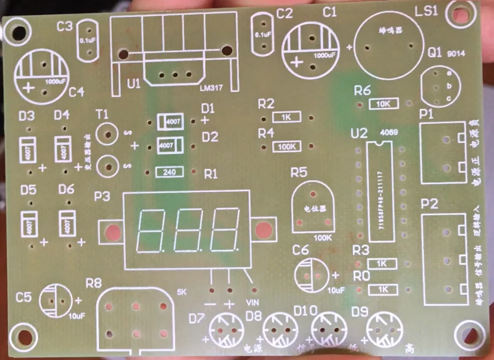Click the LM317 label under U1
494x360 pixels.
(211, 88)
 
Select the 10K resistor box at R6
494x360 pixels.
(384, 104)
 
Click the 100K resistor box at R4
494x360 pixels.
(286, 146)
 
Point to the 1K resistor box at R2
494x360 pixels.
(286, 117)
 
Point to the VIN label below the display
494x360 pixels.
(253, 302)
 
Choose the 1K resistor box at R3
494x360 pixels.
(382, 264)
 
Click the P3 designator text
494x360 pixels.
(102, 197)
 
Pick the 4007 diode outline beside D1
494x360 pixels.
(170, 122)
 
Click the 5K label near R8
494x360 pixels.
(182, 292)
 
